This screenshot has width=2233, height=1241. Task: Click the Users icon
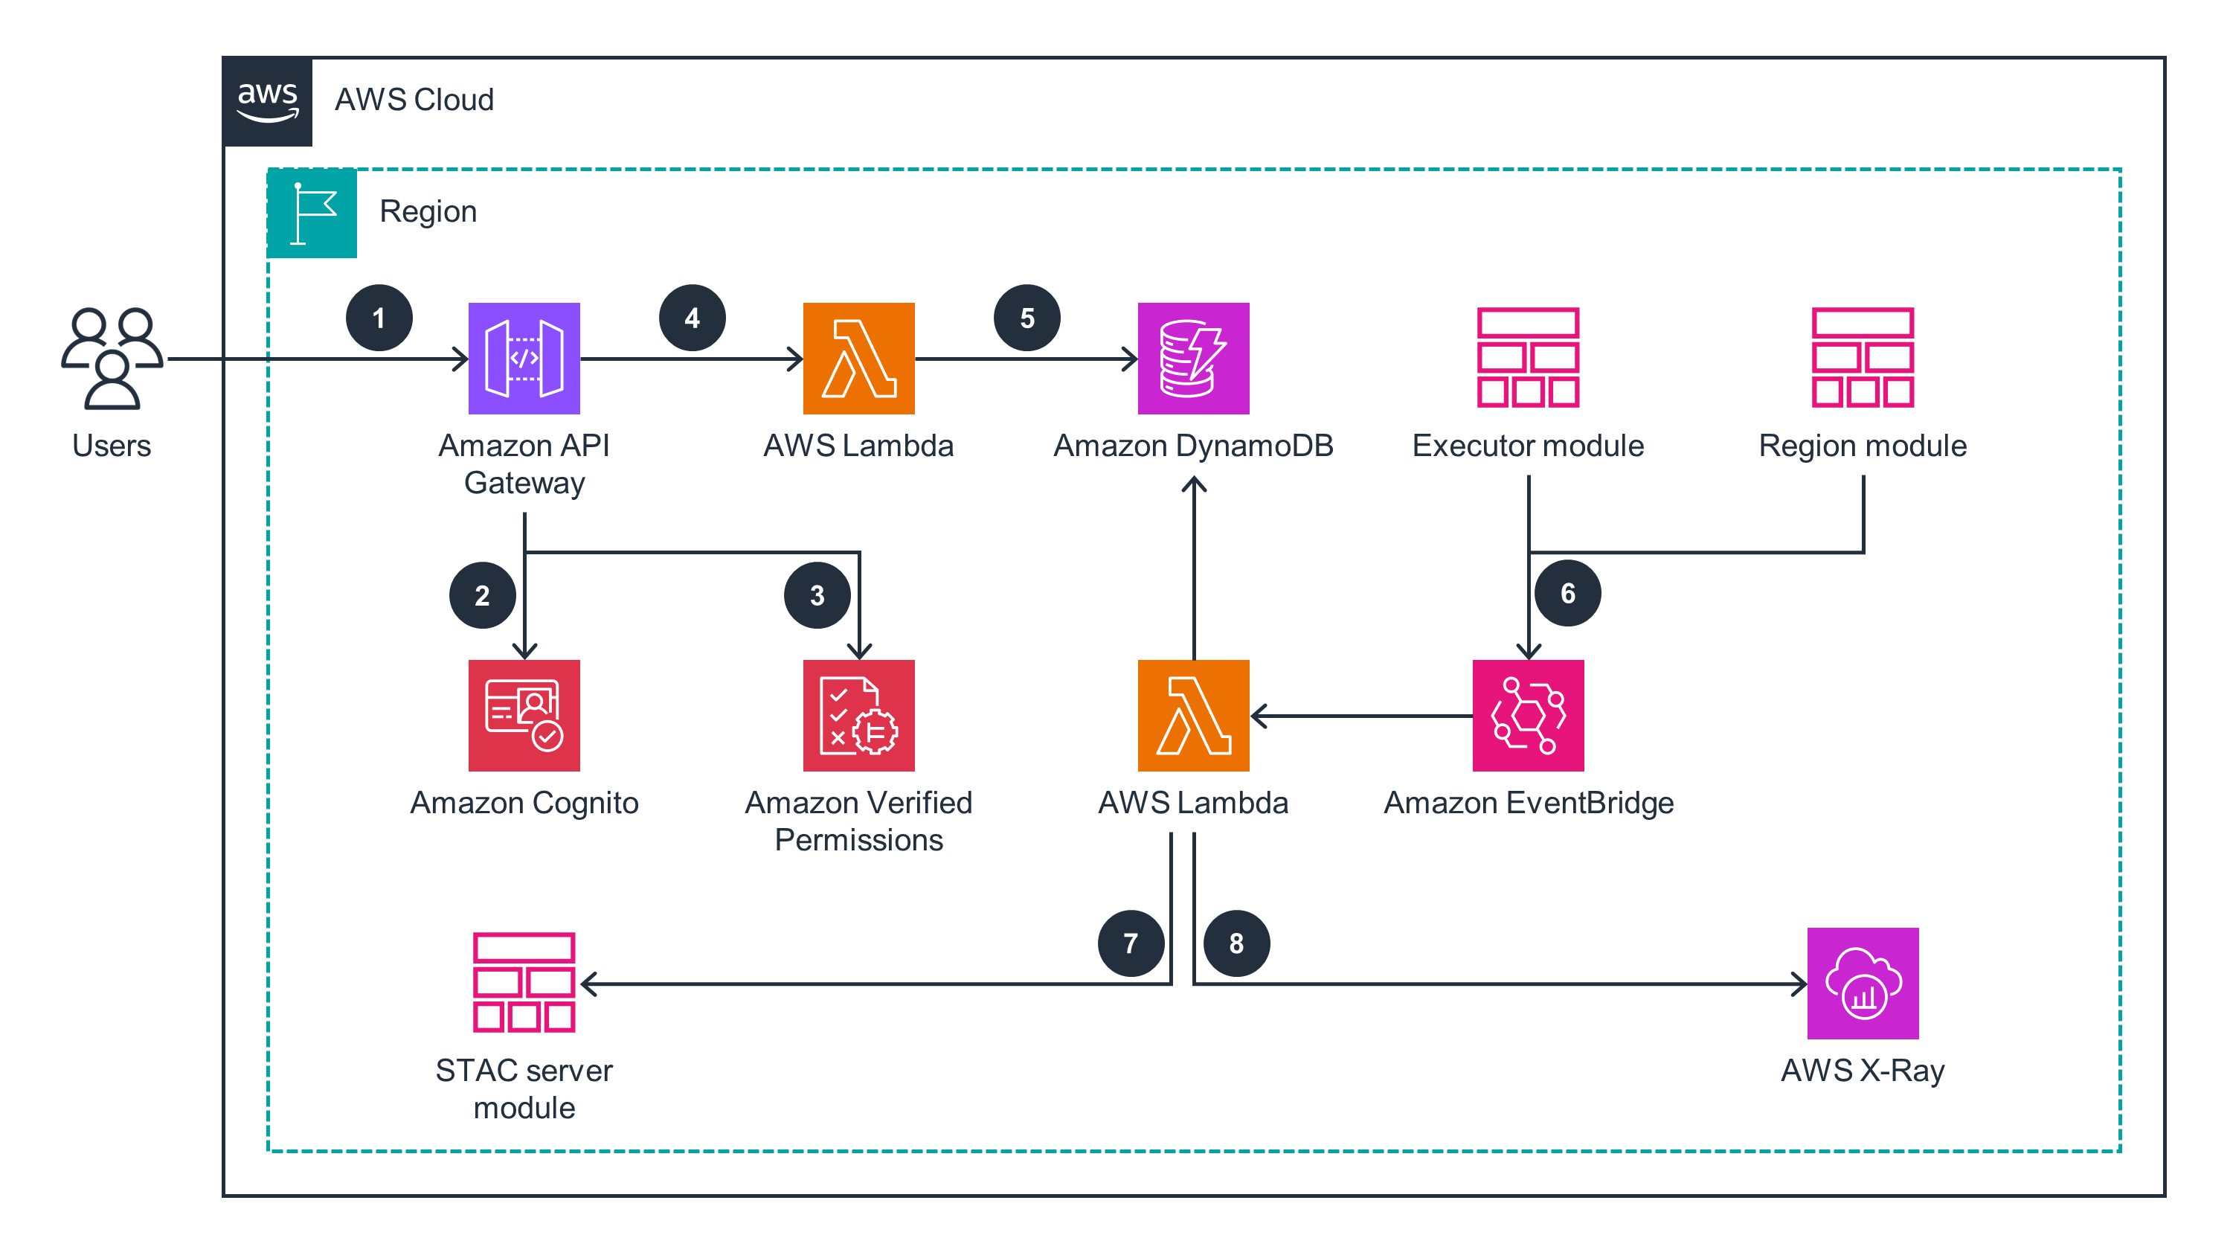112,357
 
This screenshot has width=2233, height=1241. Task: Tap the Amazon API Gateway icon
524,357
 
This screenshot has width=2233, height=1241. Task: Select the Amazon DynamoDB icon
1193,357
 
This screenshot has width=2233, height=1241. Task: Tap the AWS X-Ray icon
1862,983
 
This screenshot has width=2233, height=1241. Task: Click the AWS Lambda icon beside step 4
858,357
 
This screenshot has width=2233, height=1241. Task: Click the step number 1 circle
379,318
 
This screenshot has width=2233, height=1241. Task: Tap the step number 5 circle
1026,318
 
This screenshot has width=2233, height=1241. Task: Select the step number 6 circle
1567,593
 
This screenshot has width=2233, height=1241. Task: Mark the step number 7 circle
1131,943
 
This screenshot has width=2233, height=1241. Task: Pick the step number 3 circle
817,595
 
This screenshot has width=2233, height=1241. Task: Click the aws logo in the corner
268,101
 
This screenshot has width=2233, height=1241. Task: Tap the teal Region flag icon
312,214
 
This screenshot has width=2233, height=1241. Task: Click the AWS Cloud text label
414,100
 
